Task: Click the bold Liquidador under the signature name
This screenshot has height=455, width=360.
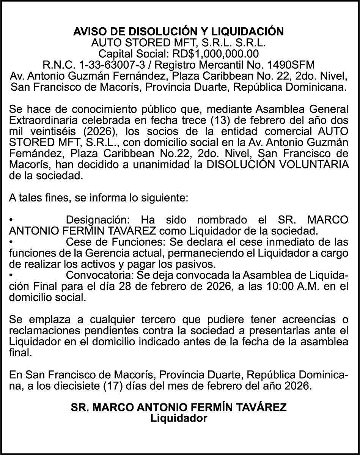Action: click(x=179, y=419)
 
